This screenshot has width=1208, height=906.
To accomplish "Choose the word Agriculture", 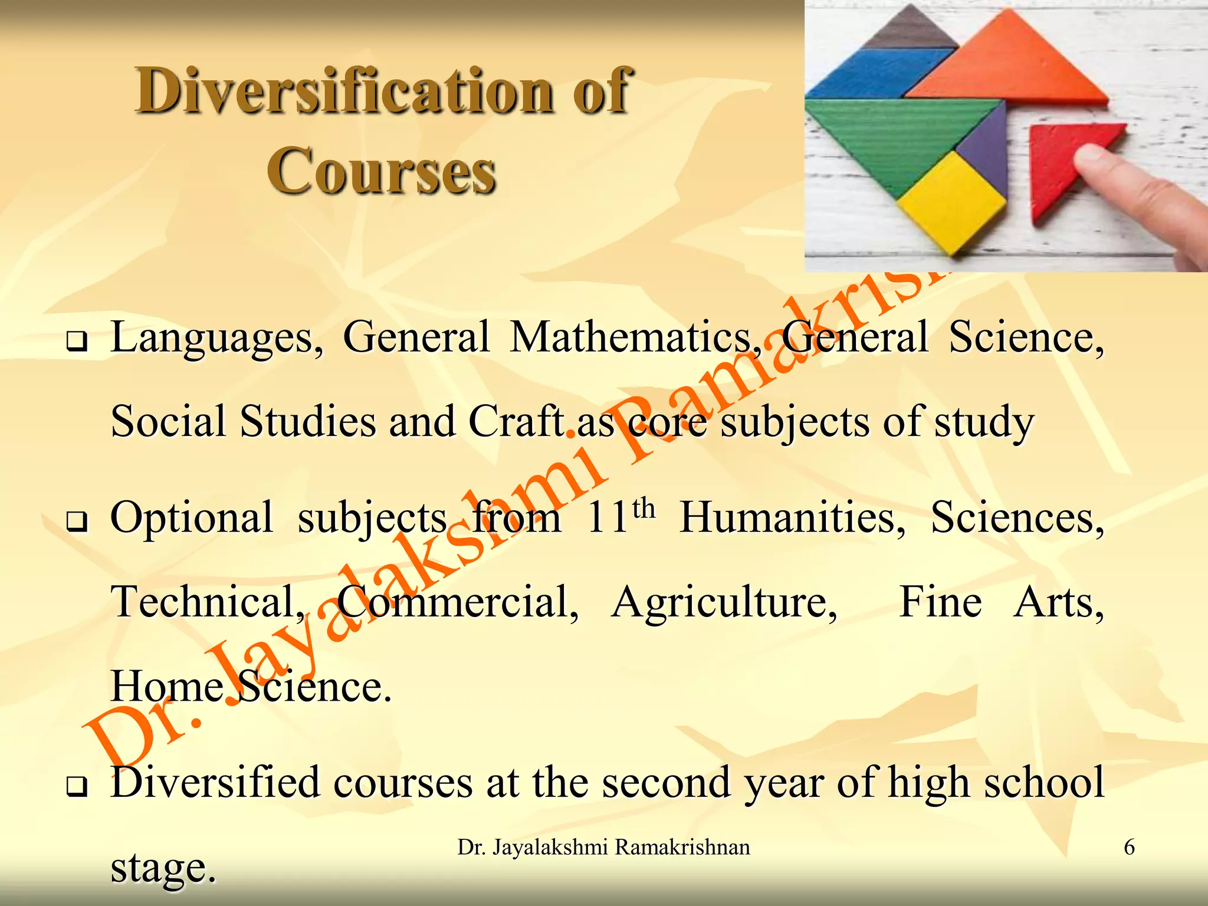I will (x=724, y=603).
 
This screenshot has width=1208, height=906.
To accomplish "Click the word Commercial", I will (x=458, y=603).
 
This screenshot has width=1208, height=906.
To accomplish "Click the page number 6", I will (x=1129, y=848).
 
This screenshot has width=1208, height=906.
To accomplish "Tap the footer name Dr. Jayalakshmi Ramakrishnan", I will (x=603, y=848).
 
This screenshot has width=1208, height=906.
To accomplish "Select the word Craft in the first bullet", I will (x=516, y=422).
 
